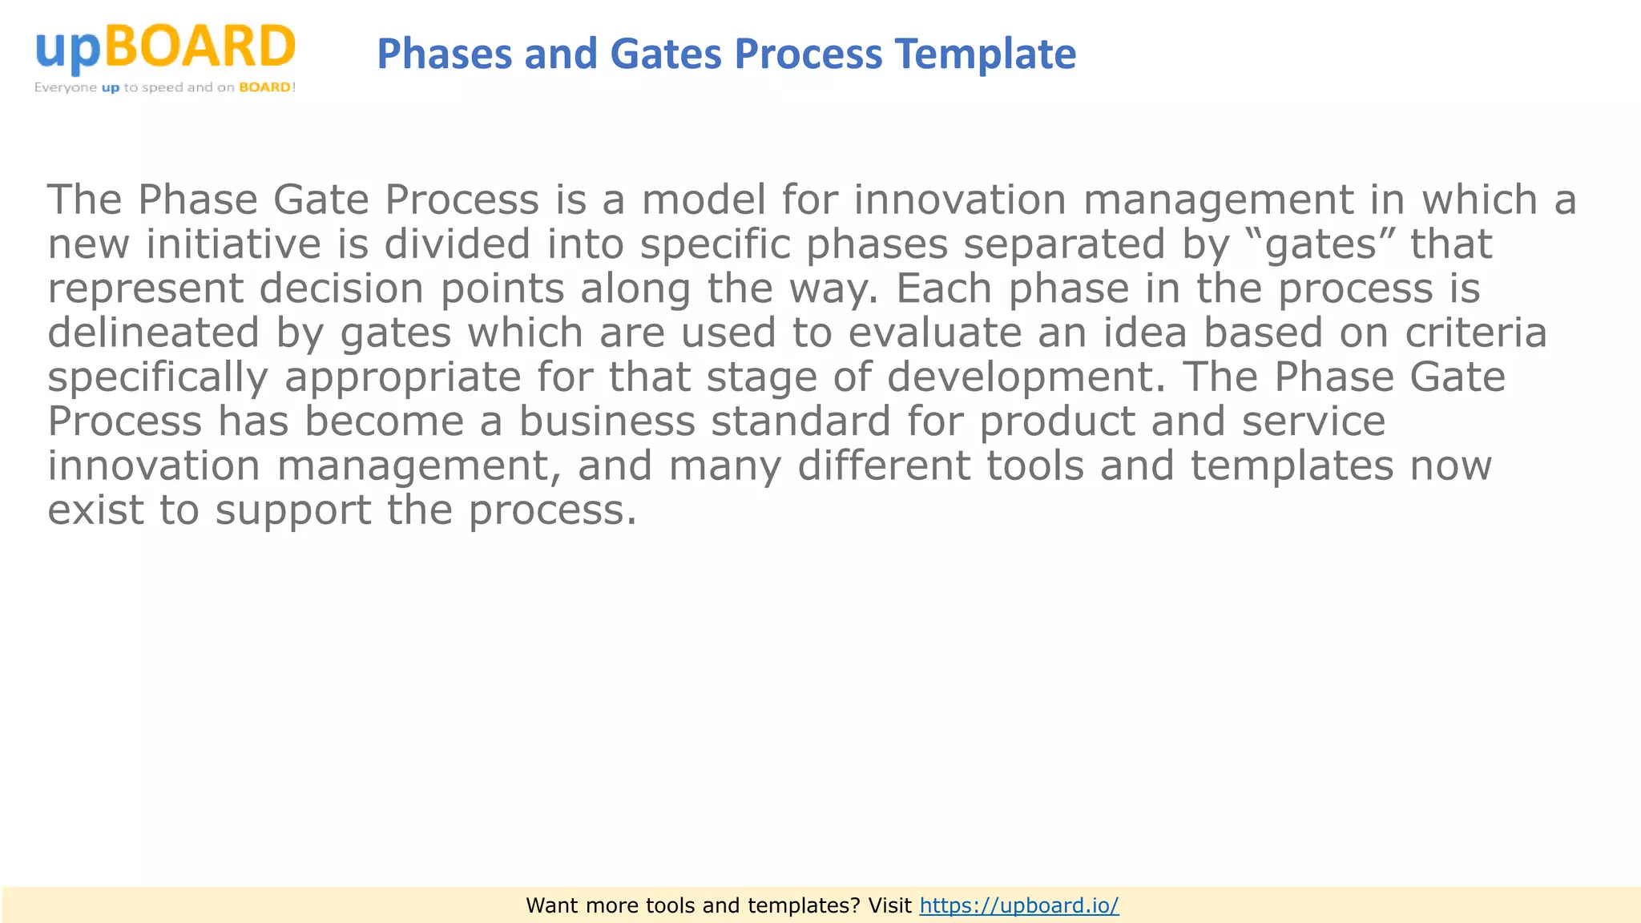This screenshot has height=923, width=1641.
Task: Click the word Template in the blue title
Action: [x=985, y=54]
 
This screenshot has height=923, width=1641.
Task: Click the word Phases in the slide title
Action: [x=444, y=54]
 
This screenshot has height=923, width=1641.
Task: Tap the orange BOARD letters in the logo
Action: [x=200, y=46]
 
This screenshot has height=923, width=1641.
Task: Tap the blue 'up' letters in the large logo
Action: [x=68, y=50]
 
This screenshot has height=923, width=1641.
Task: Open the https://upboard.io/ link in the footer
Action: [x=1018, y=905]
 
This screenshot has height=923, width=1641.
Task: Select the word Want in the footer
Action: [x=551, y=905]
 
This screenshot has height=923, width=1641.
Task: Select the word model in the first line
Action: [x=704, y=200]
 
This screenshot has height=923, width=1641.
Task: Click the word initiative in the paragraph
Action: [x=233, y=244]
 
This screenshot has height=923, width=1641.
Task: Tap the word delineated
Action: [x=153, y=333]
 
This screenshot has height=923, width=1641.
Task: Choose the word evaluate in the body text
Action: [x=934, y=333]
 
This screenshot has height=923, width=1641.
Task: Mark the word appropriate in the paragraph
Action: [x=402, y=377]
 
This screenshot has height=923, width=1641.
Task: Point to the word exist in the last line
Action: [x=95, y=510]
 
